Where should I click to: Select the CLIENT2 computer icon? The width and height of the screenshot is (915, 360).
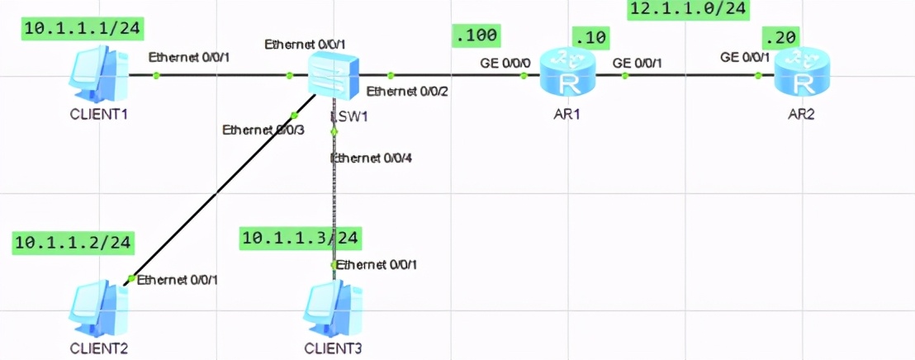(101, 306)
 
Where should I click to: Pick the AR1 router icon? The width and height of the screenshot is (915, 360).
(567, 74)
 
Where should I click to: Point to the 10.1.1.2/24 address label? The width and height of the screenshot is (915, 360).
(73, 241)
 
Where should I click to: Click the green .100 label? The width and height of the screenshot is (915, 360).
(476, 36)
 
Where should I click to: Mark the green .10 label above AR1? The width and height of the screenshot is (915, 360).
(594, 36)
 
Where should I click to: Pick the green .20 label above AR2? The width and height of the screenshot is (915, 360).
(781, 36)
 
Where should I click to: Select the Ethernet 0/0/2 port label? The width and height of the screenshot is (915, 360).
(406, 91)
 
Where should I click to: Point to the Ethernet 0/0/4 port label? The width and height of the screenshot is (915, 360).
(370, 158)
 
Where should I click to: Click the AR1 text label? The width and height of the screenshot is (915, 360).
(567, 115)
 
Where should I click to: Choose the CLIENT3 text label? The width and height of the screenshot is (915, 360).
(334, 347)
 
